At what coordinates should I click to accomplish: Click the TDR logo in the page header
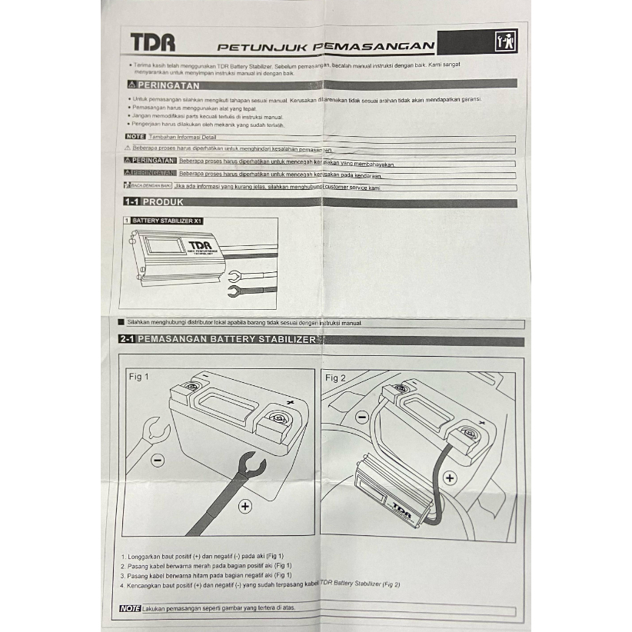pyautogui.click(x=152, y=42)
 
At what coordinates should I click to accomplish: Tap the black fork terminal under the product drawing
pyautogui.click(x=235, y=291)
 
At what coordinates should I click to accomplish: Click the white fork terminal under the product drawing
pyautogui.click(x=234, y=276)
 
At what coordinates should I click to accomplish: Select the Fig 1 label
pyautogui.click(x=138, y=378)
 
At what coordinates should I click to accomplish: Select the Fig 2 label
pyautogui.click(x=336, y=378)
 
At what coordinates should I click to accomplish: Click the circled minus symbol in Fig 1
pyautogui.click(x=157, y=460)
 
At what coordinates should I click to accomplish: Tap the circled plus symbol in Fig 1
pyautogui.click(x=245, y=505)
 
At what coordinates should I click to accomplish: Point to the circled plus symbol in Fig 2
pyautogui.click(x=450, y=477)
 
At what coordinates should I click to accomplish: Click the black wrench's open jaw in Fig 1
pyautogui.click(x=252, y=465)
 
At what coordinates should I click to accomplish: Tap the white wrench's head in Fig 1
pyautogui.click(x=157, y=427)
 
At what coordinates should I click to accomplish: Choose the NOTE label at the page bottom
pyautogui.click(x=131, y=609)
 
